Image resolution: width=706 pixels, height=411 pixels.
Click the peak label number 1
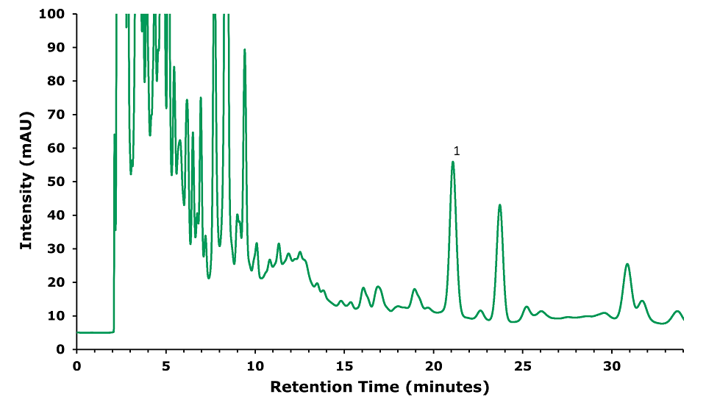pyautogui.click(x=457, y=151)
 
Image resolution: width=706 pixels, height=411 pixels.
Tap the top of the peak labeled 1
pyautogui.click(x=453, y=162)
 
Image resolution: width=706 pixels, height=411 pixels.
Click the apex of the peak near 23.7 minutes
pyautogui.click(x=500, y=205)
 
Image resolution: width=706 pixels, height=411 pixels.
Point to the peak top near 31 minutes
pyautogui.click(x=627, y=264)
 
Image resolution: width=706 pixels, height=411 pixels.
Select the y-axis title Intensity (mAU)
pyautogui.click(x=26, y=181)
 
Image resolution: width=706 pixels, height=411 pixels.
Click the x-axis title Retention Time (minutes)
pyautogui.click(x=379, y=387)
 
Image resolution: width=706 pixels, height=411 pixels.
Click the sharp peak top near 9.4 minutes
pyautogui.click(x=245, y=50)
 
